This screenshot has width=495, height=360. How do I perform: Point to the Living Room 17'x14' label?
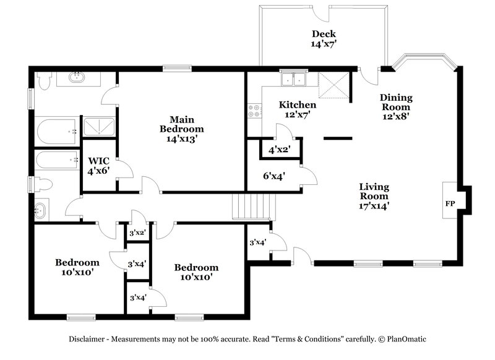tap(374, 196)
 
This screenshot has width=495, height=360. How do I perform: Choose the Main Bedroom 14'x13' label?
tap(181, 129)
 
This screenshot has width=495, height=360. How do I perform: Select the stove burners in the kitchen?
tap(254, 111)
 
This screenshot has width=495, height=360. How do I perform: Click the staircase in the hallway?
tap(251, 205)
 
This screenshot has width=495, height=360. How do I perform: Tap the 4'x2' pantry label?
tap(279, 149)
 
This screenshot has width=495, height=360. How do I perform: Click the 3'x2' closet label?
tap(137, 233)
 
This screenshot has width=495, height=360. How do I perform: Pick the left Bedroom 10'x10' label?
tap(77, 267)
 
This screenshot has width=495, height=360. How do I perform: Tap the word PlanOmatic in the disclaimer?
tap(407, 340)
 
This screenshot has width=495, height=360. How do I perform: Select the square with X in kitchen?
tap(332, 84)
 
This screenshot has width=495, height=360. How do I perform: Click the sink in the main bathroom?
tap(77, 77)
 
